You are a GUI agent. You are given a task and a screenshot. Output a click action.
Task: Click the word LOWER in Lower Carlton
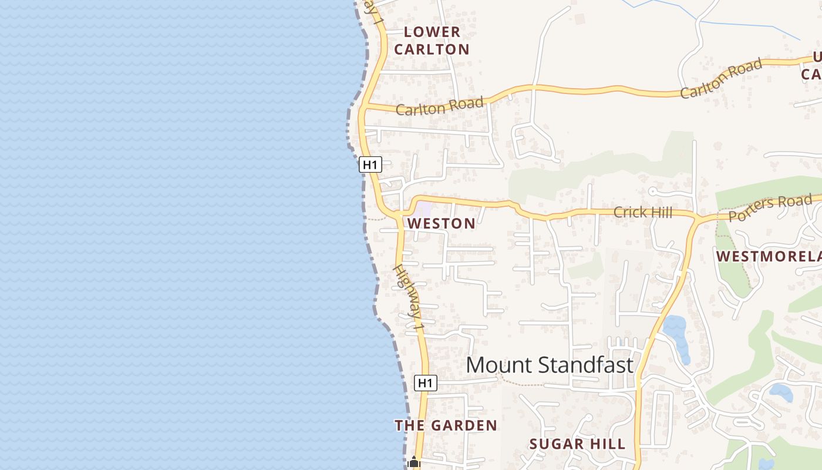(x=432, y=32)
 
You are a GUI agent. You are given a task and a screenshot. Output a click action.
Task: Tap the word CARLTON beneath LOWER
(x=432, y=49)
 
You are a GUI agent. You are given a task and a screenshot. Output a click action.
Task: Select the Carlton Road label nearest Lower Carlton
(x=439, y=106)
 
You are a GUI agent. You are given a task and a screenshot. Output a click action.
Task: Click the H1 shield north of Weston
(x=370, y=165)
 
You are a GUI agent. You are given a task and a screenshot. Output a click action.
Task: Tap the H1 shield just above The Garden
(x=426, y=383)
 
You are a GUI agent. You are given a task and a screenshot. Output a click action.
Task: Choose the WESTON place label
(x=442, y=223)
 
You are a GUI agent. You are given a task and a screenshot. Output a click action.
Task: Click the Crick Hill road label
(x=642, y=212)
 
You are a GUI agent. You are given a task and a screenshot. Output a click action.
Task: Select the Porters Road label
(x=769, y=209)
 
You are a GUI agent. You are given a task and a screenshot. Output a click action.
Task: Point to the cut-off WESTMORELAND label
(x=768, y=257)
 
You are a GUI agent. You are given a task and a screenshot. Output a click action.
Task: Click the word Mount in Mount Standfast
(x=499, y=365)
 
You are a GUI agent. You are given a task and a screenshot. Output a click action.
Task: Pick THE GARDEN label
(x=446, y=425)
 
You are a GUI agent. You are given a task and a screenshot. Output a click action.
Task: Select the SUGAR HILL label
(x=577, y=444)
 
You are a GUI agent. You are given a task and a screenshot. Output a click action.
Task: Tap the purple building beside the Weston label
(x=423, y=209)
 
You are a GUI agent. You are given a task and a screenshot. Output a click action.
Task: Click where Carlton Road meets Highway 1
(x=364, y=107)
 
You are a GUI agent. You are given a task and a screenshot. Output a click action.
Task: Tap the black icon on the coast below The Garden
(x=414, y=463)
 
